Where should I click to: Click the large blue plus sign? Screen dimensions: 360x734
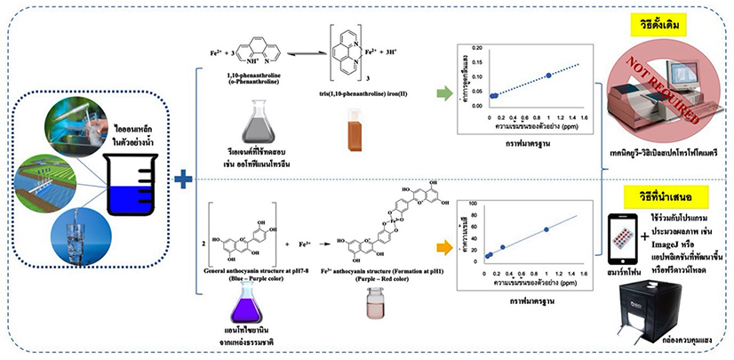point(183,180)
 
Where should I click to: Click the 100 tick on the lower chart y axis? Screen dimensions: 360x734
point(475,204)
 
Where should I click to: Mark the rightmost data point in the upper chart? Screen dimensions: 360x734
point(549,76)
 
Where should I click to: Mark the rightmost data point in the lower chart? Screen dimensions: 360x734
point(546,229)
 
